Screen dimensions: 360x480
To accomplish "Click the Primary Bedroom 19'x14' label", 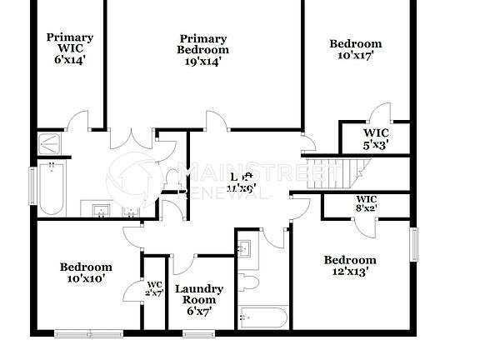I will pyautogui.click(x=203, y=50).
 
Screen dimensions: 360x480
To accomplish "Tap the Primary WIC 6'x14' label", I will pyautogui.click(x=69, y=48).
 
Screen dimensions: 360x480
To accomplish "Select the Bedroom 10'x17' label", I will pyautogui.click(x=355, y=50).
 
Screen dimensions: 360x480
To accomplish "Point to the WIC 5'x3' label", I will pyautogui.click(x=374, y=138).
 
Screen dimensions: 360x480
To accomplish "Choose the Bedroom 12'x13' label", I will pyautogui.click(x=350, y=265).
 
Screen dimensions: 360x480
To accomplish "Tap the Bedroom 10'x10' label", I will pyautogui.click(x=85, y=272).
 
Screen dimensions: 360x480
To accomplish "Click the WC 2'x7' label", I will pyautogui.click(x=154, y=288).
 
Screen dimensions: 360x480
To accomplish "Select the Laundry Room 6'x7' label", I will pyautogui.click(x=199, y=300).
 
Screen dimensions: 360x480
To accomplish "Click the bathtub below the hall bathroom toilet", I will pyautogui.click(x=263, y=318).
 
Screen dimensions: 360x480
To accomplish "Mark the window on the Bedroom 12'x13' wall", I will pyautogui.click(x=412, y=245).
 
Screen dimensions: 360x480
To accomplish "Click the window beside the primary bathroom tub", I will pyautogui.click(x=32, y=184).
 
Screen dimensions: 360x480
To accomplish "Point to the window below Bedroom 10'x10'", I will pyautogui.click(x=87, y=334).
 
